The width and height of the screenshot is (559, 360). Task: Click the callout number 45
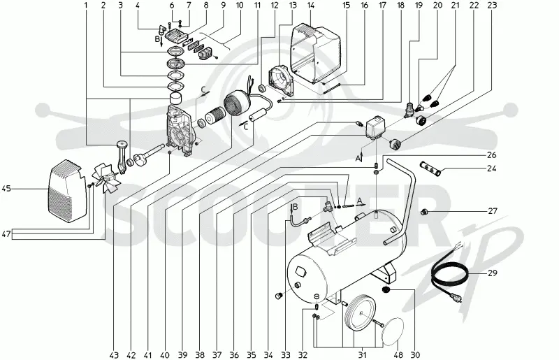[x=6, y=188]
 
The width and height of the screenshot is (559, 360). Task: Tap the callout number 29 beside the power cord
[x=493, y=273]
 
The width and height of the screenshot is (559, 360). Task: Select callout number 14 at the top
[x=310, y=5]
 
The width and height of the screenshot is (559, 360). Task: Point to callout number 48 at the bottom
[x=398, y=354]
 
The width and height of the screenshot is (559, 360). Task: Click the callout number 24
[x=492, y=168]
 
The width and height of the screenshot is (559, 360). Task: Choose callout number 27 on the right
[x=493, y=211]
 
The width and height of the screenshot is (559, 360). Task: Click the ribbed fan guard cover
[x=66, y=191]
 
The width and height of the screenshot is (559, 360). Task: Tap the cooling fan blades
[x=107, y=178]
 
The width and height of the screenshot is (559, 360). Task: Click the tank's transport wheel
[x=361, y=313]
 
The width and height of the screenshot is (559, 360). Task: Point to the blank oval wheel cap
[x=393, y=332]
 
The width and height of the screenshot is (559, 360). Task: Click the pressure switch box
[x=376, y=127]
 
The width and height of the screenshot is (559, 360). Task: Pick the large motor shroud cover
[x=315, y=52]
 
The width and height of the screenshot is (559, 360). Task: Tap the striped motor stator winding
[x=237, y=103]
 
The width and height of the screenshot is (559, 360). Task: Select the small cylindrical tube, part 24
[x=431, y=168]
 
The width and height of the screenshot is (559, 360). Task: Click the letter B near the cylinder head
[x=157, y=38]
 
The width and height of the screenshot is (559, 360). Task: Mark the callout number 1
[x=85, y=5]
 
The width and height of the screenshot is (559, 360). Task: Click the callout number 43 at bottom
[x=114, y=354]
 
